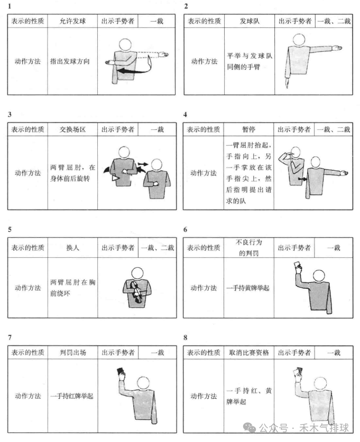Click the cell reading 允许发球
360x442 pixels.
pyautogui.click(x=72, y=22)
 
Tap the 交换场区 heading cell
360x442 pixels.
pyautogui.click(x=72, y=129)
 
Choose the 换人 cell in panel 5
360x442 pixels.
pyautogui.click(x=72, y=248)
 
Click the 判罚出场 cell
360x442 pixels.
pyautogui.click(x=72, y=352)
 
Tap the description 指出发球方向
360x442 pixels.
pyautogui.click(x=72, y=61)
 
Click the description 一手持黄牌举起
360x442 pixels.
pyautogui.click(x=248, y=288)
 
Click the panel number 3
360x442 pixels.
pyautogui.click(x=10, y=114)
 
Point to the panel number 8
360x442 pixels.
pyautogui.click(x=186, y=337)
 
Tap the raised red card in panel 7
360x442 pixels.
pyautogui.click(x=121, y=372)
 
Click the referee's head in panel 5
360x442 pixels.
pyautogui.click(x=137, y=273)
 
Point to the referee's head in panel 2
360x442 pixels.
pyautogui.click(x=299, y=40)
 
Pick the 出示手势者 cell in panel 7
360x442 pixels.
pyautogui.click(x=117, y=352)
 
